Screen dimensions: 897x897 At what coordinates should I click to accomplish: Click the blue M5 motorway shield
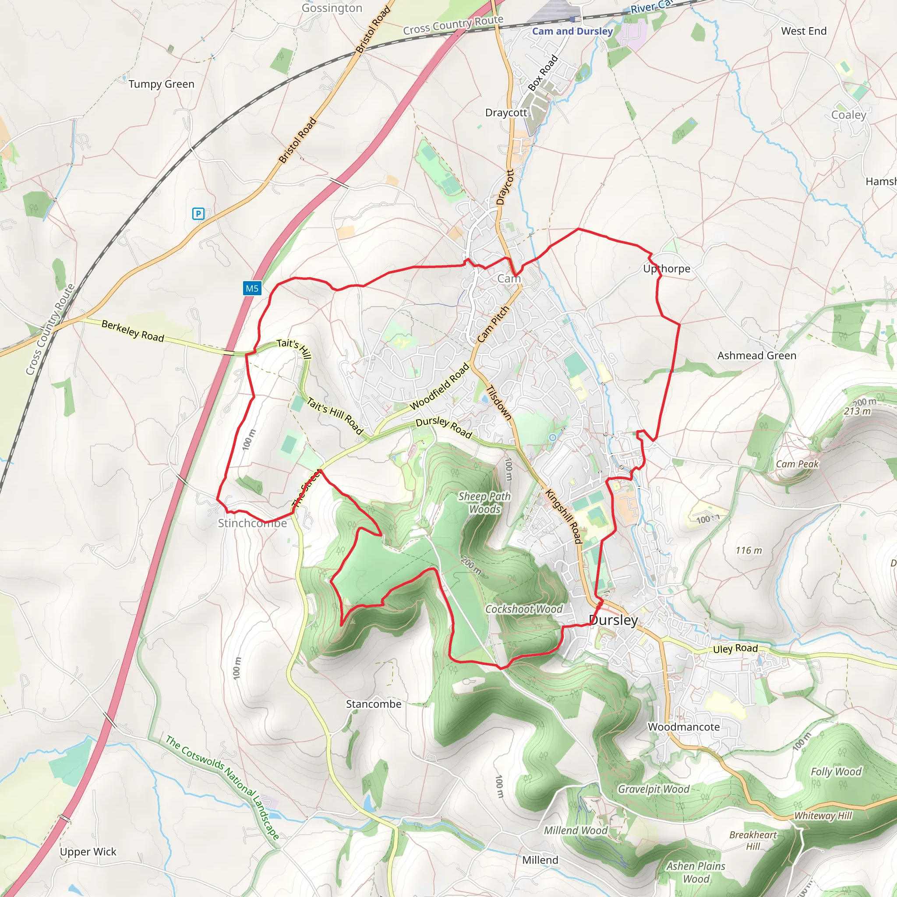[x=252, y=288]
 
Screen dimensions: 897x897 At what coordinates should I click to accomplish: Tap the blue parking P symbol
[x=198, y=214]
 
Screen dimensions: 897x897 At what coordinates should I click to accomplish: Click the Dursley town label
[x=613, y=620]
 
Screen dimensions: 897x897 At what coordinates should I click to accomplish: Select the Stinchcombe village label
[x=252, y=523]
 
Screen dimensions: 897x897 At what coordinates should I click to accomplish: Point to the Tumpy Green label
[x=161, y=84]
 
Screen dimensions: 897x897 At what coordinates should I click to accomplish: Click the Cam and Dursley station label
[x=572, y=31]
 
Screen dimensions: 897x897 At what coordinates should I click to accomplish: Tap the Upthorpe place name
[x=666, y=268]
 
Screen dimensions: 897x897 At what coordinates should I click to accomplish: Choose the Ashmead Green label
[x=757, y=356]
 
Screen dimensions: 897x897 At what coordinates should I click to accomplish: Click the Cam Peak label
[x=797, y=464]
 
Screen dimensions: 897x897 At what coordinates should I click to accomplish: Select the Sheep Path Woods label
[x=485, y=503]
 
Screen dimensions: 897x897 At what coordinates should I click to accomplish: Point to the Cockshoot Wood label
[x=524, y=609]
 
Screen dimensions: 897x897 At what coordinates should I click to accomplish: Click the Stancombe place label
[x=373, y=704]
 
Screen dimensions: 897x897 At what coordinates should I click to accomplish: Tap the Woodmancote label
[x=683, y=727]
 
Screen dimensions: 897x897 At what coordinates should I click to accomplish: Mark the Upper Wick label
[x=88, y=851]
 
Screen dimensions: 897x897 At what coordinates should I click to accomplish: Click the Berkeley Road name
[x=133, y=331]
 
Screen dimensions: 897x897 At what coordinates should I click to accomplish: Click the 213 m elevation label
[x=858, y=411]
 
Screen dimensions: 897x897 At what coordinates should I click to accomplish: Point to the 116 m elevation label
[x=749, y=551]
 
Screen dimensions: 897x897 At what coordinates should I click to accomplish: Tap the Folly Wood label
[x=836, y=772]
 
